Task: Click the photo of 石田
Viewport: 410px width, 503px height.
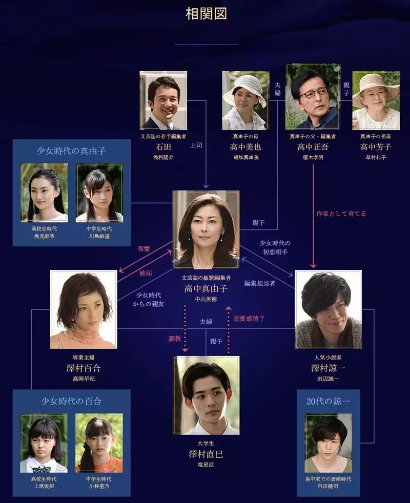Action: point(163,100)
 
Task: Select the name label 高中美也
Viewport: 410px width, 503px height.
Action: point(244,147)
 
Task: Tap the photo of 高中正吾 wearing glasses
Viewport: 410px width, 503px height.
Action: point(313,97)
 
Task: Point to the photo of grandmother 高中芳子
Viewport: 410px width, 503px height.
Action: point(376,100)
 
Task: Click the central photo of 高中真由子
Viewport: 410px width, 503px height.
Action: point(206,229)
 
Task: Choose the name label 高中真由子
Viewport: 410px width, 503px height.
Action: point(206,289)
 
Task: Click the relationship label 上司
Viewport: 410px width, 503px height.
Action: point(196,145)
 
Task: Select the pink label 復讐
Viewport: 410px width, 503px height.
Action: point(143,249)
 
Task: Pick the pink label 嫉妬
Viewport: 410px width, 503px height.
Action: point(146,273)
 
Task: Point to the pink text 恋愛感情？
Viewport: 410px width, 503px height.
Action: point(249,318)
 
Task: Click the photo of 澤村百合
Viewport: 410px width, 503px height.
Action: point(84,309)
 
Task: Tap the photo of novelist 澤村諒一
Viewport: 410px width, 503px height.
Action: point(328,309)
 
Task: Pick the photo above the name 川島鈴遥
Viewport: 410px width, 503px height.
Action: point(99,193)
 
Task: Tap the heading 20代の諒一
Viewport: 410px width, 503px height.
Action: point(328,401)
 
